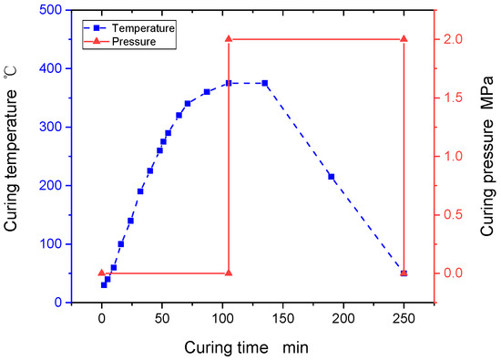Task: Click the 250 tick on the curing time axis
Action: point(404,318)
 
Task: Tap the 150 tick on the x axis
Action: point(283,318)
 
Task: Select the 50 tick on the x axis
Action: point(162,318)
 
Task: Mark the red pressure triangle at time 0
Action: point(102,273)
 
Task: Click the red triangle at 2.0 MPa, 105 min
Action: point(229,39)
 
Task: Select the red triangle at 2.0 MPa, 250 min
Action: point(404,39)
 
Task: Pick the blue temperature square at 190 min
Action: point(332,177)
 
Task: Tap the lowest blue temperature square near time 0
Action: point(104,284)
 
